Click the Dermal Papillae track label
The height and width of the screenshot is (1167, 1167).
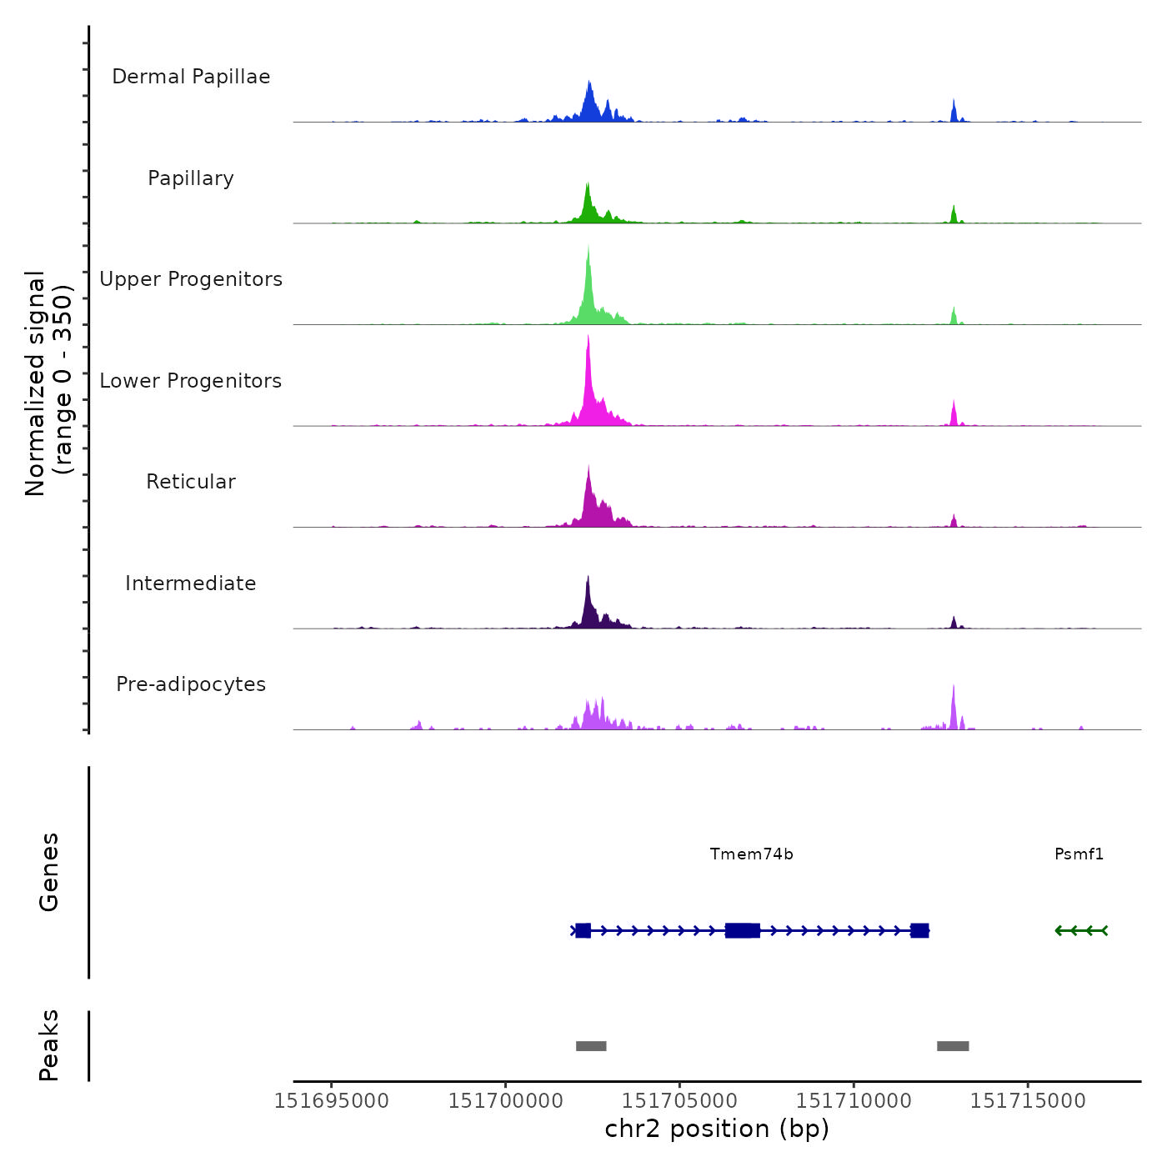(191, 77)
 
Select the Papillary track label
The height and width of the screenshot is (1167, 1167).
(191, 178)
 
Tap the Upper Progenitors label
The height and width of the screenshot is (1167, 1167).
(191, 279)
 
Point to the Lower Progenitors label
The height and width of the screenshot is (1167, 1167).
(191, 381)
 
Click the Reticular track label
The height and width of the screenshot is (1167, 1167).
(191, 482)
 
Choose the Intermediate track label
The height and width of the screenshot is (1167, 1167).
(191, 583)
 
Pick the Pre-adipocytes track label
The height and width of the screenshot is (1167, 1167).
(191, 684)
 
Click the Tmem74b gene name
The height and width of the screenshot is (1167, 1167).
(751, 854)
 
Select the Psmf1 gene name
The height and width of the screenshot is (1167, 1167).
(1079, 854)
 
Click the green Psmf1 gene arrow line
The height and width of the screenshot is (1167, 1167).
(1081, 930)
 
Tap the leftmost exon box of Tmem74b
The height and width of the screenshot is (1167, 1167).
(583, 930)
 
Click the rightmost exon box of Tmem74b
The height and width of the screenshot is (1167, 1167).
(919, 930)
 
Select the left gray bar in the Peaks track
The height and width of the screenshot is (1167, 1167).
(591, 1046)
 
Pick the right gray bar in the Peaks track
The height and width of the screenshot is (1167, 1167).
(953, 1046)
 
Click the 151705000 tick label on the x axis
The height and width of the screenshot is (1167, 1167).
(679, 1101)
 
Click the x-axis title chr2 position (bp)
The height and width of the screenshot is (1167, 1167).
(717, 1129)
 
